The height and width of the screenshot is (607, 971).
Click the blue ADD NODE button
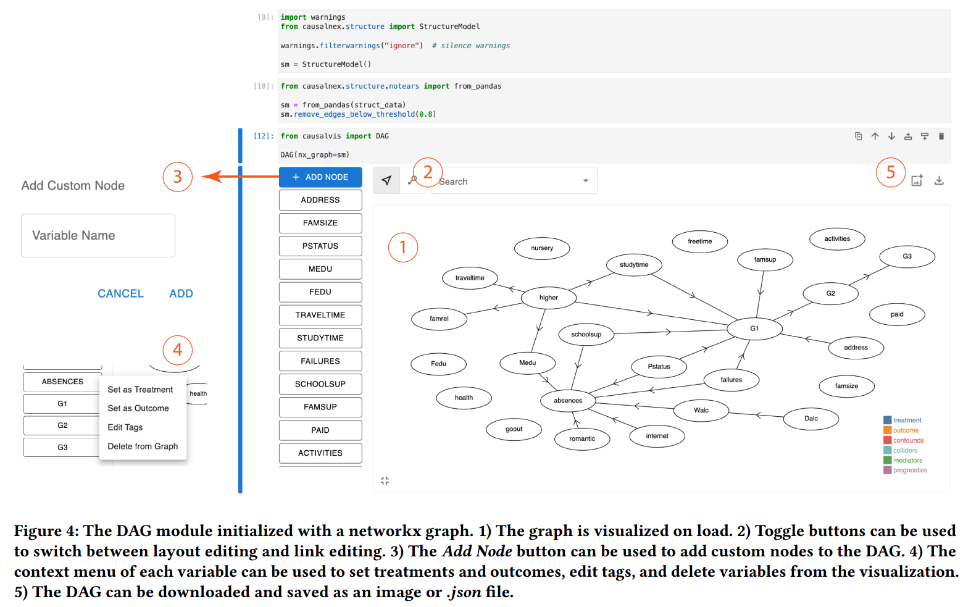tap(320, 177)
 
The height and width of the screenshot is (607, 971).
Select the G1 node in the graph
tap(754, 329)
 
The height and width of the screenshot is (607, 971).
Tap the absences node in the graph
tap(568, 401)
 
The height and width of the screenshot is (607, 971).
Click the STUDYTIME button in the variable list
tap(320, 338)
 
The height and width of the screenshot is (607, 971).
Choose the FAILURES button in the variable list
tap(320, 361)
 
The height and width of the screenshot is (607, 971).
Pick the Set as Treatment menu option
tap(140, 390)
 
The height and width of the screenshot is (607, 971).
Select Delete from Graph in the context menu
tap(143, 446)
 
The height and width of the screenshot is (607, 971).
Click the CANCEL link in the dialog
tap(120, 294)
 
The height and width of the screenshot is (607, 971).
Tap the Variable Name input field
tap(98, 235)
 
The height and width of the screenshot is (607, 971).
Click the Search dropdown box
tap(514, 182)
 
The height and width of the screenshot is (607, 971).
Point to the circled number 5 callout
tap(890, 172)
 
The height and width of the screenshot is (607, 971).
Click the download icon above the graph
tap(939, 180)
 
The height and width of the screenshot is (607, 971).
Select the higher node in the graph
tap(549, 298)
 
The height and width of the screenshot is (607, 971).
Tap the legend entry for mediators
tap(907, 461)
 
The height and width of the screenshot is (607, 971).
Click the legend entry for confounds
tap(908, 441)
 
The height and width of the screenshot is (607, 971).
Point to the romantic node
tap(582, 439)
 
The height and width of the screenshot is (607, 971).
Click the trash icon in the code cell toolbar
tap(941, 136)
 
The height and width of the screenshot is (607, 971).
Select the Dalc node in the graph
tap(811, 419)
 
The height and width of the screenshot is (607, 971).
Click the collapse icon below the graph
tap(385, 480)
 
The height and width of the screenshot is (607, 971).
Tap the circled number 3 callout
tap(177, 177)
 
